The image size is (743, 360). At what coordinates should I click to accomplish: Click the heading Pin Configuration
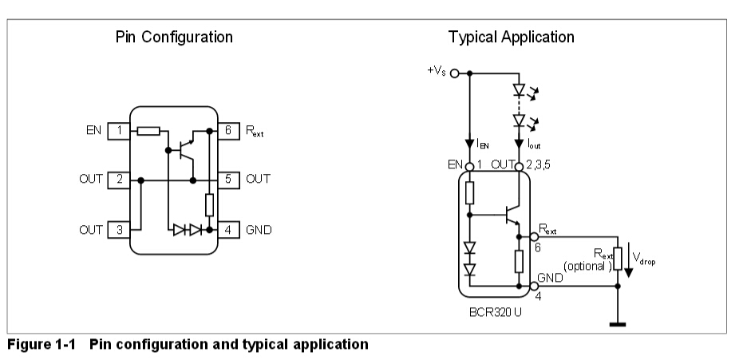[174, 38]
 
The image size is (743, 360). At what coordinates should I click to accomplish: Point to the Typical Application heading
[511, 38]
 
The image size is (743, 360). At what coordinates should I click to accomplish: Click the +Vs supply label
[438, 71]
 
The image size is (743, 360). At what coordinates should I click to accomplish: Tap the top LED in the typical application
[519, 90]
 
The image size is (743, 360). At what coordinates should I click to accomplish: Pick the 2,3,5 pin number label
[540, 165]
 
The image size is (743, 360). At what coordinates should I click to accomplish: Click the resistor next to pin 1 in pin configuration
[148, 130]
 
